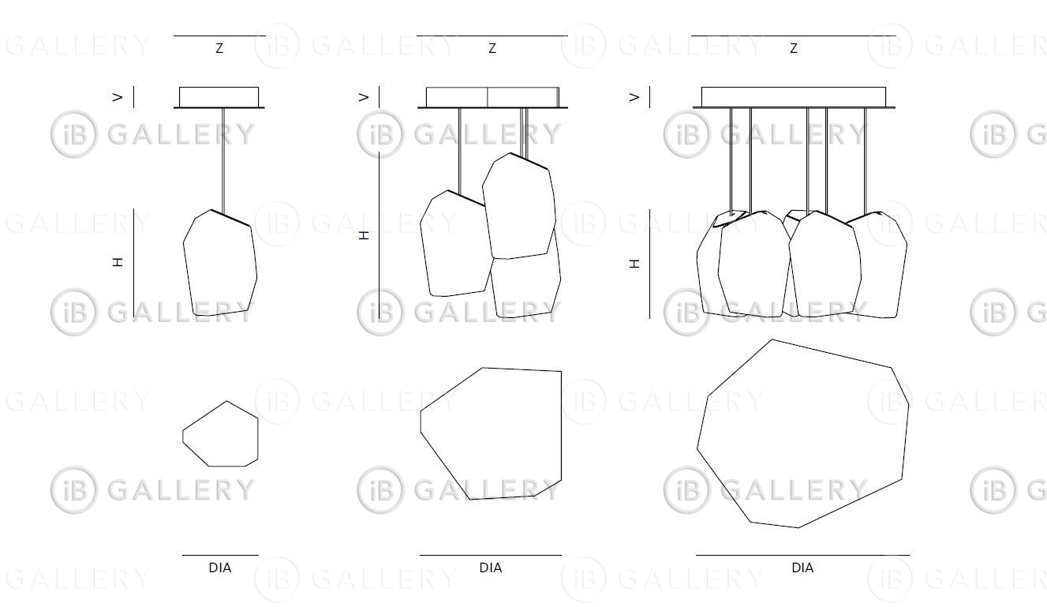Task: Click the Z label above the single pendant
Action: coord(219,48)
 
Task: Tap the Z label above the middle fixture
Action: coord(492,48)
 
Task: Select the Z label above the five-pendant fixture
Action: coord(794,48)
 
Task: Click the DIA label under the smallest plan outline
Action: coord(220,568)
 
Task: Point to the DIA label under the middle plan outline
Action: coord(490,568)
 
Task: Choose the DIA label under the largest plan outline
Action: coord(802,568)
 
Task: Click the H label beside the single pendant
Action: coord(118,262)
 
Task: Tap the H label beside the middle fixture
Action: coord(364,235)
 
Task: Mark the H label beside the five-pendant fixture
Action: coord(634,264)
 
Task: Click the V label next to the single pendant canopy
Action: coord(118,97)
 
